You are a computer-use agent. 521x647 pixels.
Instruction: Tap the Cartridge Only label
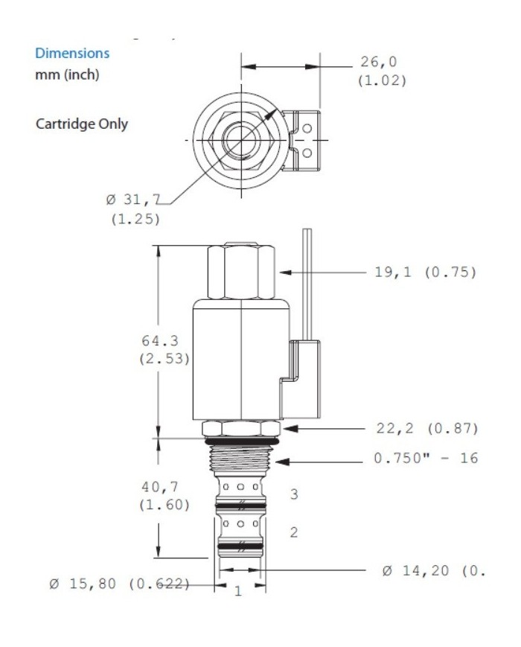tap(82, 124)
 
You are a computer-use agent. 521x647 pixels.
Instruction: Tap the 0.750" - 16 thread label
tap(426, 459)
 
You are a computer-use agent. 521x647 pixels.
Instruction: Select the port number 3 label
tap(294, 494)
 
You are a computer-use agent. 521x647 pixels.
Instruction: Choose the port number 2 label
tap(294, 533)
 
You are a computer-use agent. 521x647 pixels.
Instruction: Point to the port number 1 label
tap(238, 592)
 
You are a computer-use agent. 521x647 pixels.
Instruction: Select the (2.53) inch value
tap(164, 358)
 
